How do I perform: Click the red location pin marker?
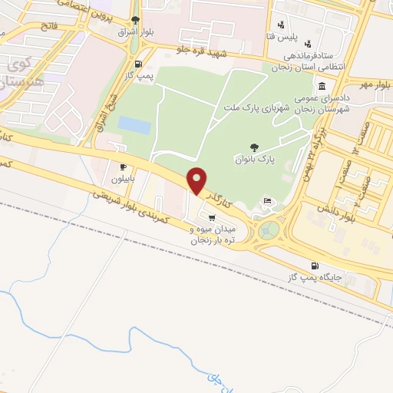198,180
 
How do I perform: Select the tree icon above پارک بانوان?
255,146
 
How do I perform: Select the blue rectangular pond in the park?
134,124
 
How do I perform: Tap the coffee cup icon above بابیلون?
123,167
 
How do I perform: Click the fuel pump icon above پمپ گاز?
137,64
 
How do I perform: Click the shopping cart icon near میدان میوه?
212,217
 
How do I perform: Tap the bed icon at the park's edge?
267,201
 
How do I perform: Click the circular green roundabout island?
269,230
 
